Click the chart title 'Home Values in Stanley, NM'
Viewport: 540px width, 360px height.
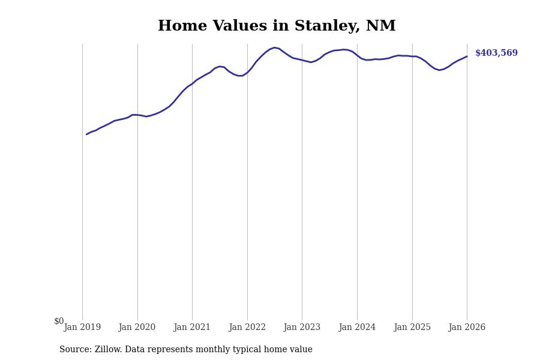click(277, 26)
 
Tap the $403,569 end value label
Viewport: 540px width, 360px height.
click(496, 53)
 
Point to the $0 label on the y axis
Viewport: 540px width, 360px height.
click(59, 321)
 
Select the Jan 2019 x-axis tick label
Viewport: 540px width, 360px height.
click(82, 327)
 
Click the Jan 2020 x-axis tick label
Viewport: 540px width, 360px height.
click(137, 327)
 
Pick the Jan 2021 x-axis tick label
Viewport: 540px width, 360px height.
click(192, 327)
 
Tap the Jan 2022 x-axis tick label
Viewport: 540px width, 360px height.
click(247, 327)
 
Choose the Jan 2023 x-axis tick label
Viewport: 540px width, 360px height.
click(302, 327)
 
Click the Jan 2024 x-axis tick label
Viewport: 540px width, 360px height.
click(357, 327)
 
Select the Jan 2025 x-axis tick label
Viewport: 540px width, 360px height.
click(412, 327)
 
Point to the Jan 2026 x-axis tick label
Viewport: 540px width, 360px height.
click(467, 327)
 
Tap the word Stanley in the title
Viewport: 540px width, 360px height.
click(327, 26)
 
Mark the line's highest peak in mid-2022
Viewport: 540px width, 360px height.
click(274, 47)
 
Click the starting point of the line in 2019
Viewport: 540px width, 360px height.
click(86, 134)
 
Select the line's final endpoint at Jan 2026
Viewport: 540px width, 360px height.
click(467, 56)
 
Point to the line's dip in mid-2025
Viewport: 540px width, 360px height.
click(439, 70)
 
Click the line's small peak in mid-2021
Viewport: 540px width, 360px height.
click(220, 66)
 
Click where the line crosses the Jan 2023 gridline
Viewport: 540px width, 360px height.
click(302, 60)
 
